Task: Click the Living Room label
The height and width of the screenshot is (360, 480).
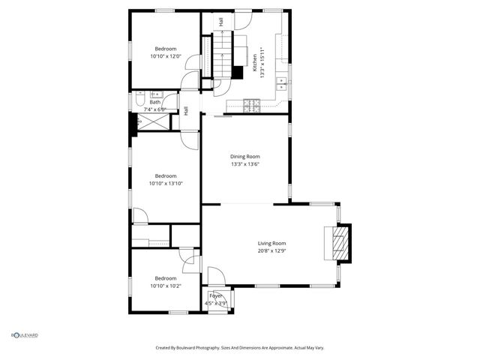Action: tap(271, 243)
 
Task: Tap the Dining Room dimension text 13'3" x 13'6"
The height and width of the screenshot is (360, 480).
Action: tap(250, 163)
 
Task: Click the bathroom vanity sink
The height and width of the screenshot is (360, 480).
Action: tap(158, 95)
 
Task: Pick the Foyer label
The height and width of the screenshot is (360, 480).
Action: tap(216, 296)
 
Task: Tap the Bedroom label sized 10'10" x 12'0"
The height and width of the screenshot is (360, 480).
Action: tap(165, 48)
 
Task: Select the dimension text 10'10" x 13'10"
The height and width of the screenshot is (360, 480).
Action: tap(166, 183)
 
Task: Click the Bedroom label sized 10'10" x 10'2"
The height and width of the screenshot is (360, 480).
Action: tap(165, 277)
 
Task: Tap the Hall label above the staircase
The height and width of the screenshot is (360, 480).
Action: tap(221, 22)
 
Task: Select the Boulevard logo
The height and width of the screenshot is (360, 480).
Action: tap(24, 335)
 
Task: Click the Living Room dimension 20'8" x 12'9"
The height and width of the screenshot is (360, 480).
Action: tap(271, 250)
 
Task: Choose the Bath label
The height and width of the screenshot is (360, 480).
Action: tap(154, 102)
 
